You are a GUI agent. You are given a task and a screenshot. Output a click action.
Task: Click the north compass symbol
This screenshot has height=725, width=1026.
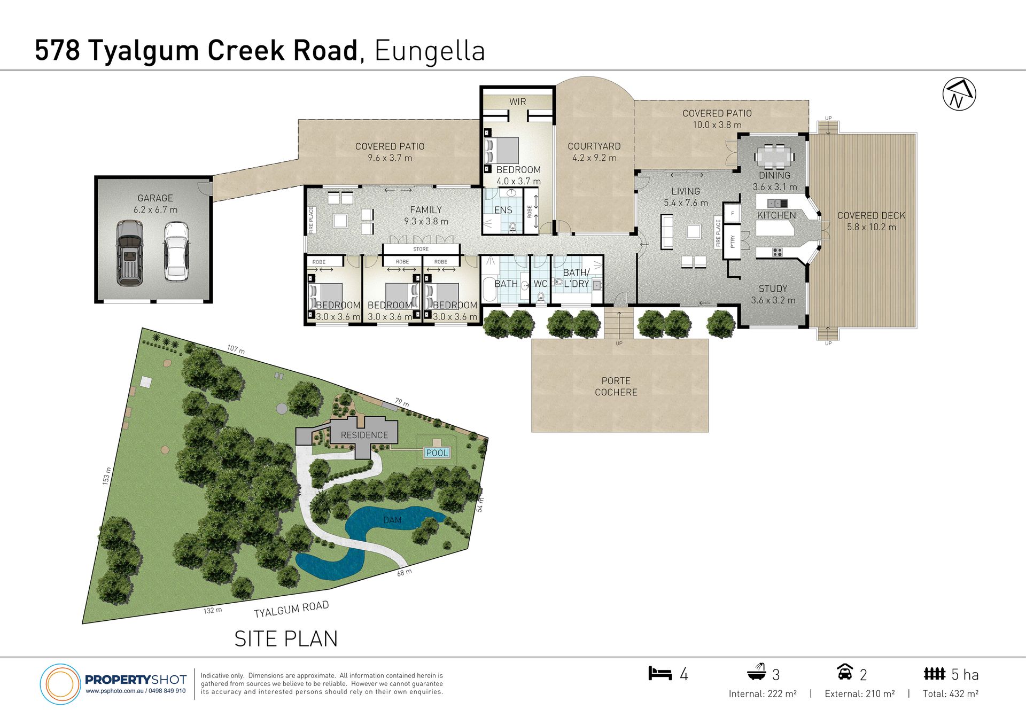[x=959, y=95]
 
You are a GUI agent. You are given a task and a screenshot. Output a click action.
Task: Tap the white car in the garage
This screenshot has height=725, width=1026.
[x=176, y=251]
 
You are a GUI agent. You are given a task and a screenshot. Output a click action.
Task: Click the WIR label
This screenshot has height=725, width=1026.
[x=517, y=102]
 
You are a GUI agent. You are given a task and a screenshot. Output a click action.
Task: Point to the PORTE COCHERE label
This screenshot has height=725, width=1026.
[x=616, y=386]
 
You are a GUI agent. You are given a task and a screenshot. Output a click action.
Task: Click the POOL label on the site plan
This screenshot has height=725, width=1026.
[x=437, y=453]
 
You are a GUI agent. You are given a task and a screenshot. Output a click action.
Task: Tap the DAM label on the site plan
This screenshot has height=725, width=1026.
[x=392, y=520]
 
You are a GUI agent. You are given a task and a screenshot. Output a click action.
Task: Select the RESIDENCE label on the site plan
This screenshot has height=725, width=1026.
[x=364, y=435]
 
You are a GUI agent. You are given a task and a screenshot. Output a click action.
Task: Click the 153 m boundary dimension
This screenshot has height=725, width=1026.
[x=107, y=476]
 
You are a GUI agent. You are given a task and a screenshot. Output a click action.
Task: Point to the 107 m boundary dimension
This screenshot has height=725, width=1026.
[x=236, y=349]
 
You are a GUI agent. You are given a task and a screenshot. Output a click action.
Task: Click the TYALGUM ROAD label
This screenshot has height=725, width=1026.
[x=291, y=609]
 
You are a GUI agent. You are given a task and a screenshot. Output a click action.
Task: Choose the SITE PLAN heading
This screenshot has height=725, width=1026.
[x=286, y=639]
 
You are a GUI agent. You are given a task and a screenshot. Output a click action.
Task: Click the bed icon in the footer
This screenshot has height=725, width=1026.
[x=660, y=673]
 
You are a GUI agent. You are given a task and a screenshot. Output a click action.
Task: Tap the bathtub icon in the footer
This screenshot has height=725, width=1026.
[x=756, y=672]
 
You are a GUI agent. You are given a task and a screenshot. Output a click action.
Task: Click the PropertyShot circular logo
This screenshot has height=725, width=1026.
[x=60, y=684]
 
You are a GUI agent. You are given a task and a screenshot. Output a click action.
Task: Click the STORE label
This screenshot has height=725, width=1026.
[x=421, y=249]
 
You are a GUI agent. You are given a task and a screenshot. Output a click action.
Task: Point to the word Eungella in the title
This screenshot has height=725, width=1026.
[x=430, y=51]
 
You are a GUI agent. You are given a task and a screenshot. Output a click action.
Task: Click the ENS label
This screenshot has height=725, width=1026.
[x=503, y=211]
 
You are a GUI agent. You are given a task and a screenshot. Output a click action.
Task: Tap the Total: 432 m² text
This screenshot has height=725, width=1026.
[x=951, y=693]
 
